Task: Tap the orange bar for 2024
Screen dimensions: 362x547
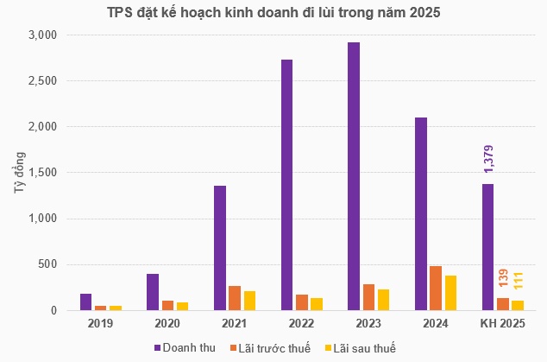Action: pos(437,289)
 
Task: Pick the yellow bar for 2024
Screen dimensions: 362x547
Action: pos(451,293)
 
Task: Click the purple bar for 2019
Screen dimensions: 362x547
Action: pos(86,302)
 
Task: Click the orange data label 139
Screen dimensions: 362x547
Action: pos(503,279)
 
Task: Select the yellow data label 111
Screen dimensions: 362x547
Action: pos(518,282)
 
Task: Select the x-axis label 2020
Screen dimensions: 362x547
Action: pos(167,325)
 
